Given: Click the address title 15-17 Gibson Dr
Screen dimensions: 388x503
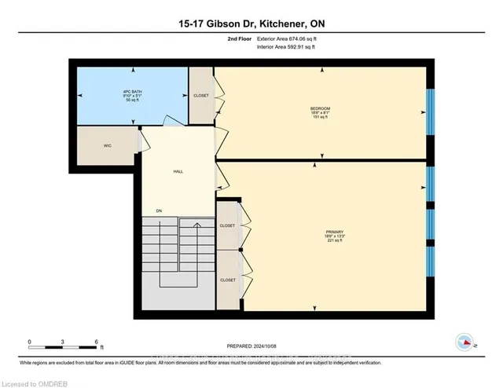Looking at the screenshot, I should click(251, 24).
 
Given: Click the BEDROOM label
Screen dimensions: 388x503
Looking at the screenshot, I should click(320, 108).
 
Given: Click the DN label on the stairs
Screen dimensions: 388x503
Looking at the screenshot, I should click(158, 210).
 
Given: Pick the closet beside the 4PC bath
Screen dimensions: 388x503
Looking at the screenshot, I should click(201, 95).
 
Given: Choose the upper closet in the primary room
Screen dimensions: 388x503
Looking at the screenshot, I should click(228, 225).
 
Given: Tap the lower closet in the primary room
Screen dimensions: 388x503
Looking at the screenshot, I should click(228, 280).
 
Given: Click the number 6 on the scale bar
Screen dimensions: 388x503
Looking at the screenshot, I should click(96, 342).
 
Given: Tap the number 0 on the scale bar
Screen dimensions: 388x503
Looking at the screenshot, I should click(30, 342).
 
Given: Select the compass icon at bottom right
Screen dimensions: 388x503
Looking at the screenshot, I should click(465, 342).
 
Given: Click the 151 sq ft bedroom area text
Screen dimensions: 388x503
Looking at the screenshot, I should click(320, 117).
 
